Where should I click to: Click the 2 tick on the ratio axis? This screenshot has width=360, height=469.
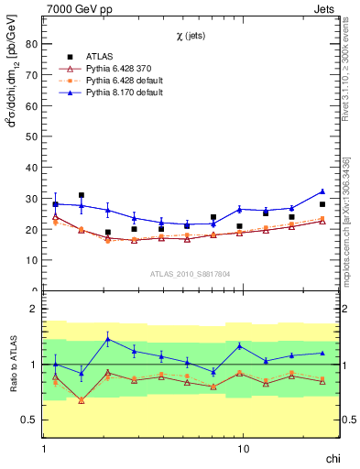(x=33, y=310)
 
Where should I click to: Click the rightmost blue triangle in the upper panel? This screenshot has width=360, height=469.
(x=322, y=191)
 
